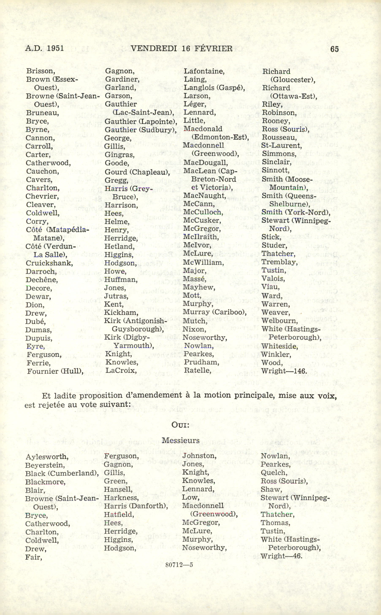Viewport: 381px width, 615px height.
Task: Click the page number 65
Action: (x=334, y=49)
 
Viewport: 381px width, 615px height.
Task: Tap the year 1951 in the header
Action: (x=55, y=48)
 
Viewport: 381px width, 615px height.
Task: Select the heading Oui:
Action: (x=180, y=425)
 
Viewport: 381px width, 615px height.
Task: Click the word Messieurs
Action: (x=180, y=440)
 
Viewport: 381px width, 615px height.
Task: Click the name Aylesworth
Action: (x=47, y=457)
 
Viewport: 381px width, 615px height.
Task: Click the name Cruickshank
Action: (x=49, y=263)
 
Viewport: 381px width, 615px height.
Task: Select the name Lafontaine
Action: (x=204, y=71)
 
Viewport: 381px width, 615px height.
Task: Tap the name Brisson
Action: (x=40, y=71)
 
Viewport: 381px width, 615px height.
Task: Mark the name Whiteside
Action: (x=279, y=346)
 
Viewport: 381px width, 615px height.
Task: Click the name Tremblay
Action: (x=279, y=262)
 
